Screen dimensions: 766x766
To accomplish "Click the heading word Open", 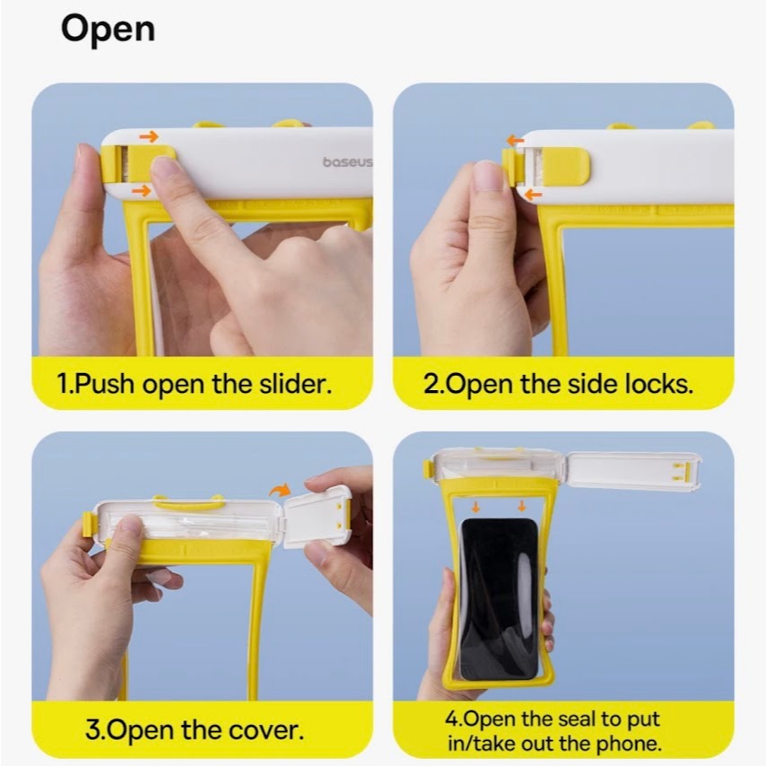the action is tap(108, 30).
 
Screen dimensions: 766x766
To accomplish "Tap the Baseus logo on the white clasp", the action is tap(347, 161).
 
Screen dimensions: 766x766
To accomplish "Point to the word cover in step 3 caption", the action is tap(266, 730).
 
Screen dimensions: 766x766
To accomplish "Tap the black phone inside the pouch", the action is tap(500, 598).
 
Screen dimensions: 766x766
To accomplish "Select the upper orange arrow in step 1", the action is tap(149, 136).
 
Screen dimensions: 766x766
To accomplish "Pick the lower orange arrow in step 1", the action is tap(141, 190).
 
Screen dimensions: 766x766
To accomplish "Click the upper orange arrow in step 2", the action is tap(516, 141).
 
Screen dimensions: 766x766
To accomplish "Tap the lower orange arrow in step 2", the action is tap(533, 196).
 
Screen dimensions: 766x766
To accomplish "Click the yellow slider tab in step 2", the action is tap(567, 164).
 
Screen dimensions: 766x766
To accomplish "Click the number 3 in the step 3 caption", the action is tap(92, 730).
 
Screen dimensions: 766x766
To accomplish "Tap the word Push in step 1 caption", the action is tap(105, 384).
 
